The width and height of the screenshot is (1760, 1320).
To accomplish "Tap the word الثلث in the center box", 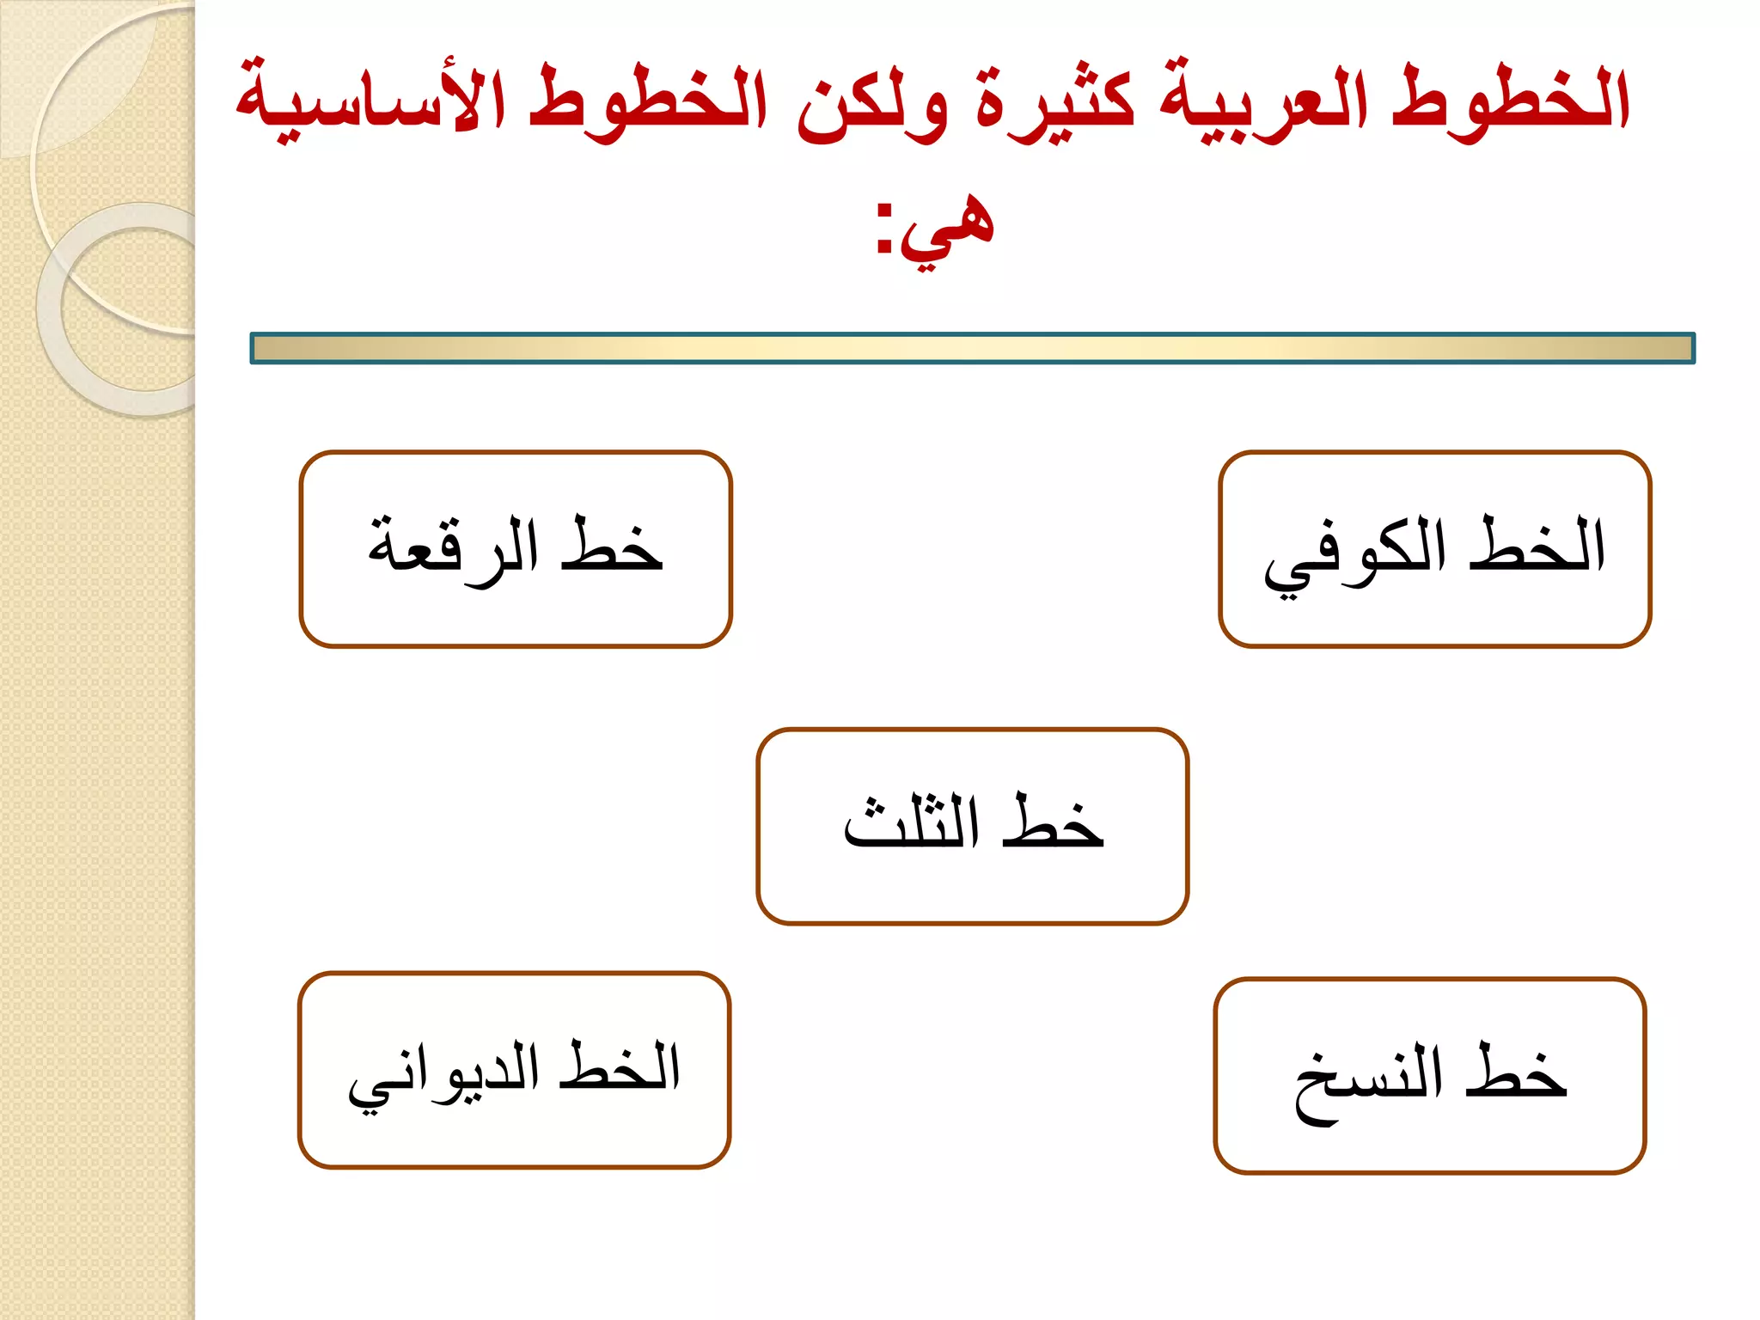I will tap(911, 822).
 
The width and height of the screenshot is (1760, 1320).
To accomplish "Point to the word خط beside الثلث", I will tap(1053, 822).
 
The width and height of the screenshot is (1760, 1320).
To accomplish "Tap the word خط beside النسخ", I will tap(1517, 1074).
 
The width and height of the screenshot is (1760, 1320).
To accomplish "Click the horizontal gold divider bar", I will tap(972, 348).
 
